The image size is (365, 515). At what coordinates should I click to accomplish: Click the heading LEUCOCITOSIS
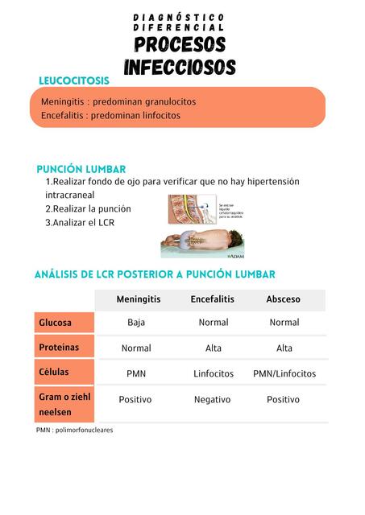coord(74,80)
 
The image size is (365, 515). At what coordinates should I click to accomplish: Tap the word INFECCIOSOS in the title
coord(180,66)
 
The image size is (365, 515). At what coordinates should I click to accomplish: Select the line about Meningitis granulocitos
coord(118,102)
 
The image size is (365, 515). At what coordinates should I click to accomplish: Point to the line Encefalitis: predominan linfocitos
coord(110,116)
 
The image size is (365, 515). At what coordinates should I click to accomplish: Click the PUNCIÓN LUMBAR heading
coord(81,169)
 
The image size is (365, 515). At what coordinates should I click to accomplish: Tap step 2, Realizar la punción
coord(88,208)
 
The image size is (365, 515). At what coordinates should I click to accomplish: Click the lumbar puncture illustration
coord(204,226)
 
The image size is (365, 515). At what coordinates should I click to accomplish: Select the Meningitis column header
coord(139,299)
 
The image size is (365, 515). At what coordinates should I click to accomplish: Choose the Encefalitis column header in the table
coord(213,299)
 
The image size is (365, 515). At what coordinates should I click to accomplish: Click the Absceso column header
coord(284,299)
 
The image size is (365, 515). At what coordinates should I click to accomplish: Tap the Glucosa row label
coord(56,323)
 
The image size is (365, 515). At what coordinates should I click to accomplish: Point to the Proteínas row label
coord(59,348)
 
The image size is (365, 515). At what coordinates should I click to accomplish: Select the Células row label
coord(54,373)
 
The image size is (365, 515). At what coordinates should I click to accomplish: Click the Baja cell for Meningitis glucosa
coord(136,323)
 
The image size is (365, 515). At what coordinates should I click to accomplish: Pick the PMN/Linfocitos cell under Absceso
coord(284,373)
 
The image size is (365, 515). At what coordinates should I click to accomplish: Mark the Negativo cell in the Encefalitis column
coord(213,399)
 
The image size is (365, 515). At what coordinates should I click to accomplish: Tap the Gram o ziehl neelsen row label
coord(64,404)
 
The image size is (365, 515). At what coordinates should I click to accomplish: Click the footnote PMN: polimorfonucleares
coord(75,431)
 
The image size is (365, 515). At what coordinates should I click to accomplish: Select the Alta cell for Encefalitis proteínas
coord(214,348)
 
